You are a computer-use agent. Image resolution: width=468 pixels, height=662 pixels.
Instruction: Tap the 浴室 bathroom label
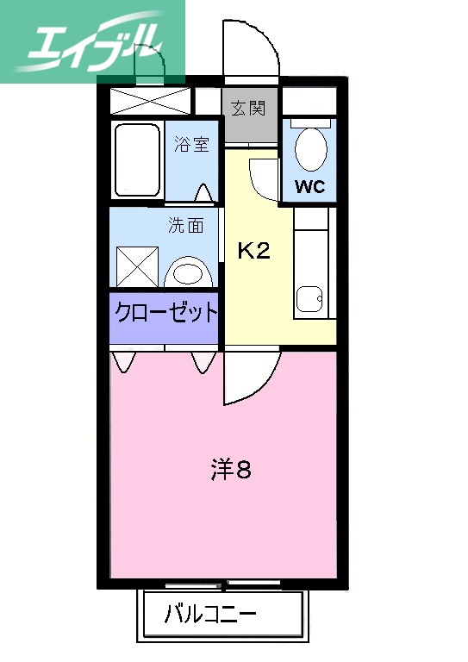click(191, 144)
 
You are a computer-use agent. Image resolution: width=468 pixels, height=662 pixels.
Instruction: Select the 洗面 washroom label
click(186, 226)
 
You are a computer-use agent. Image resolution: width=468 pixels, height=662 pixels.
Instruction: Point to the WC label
click(309, 187)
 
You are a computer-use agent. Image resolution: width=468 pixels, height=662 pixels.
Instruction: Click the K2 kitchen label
click(254, 251)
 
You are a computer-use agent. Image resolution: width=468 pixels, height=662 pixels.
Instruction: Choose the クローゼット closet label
click(164, 311)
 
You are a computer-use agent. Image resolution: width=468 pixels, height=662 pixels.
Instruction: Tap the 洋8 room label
click(231, 471)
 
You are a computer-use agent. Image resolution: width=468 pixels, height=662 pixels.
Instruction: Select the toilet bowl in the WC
click(310, 148)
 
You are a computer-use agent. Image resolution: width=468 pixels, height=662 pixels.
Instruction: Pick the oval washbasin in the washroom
click(190, 274)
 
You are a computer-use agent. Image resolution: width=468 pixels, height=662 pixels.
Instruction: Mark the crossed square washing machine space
click(138, 265)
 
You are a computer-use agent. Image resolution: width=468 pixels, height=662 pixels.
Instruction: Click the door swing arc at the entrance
click(250, 47)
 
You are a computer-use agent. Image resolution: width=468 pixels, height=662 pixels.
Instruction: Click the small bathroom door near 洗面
click(204, 191)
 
